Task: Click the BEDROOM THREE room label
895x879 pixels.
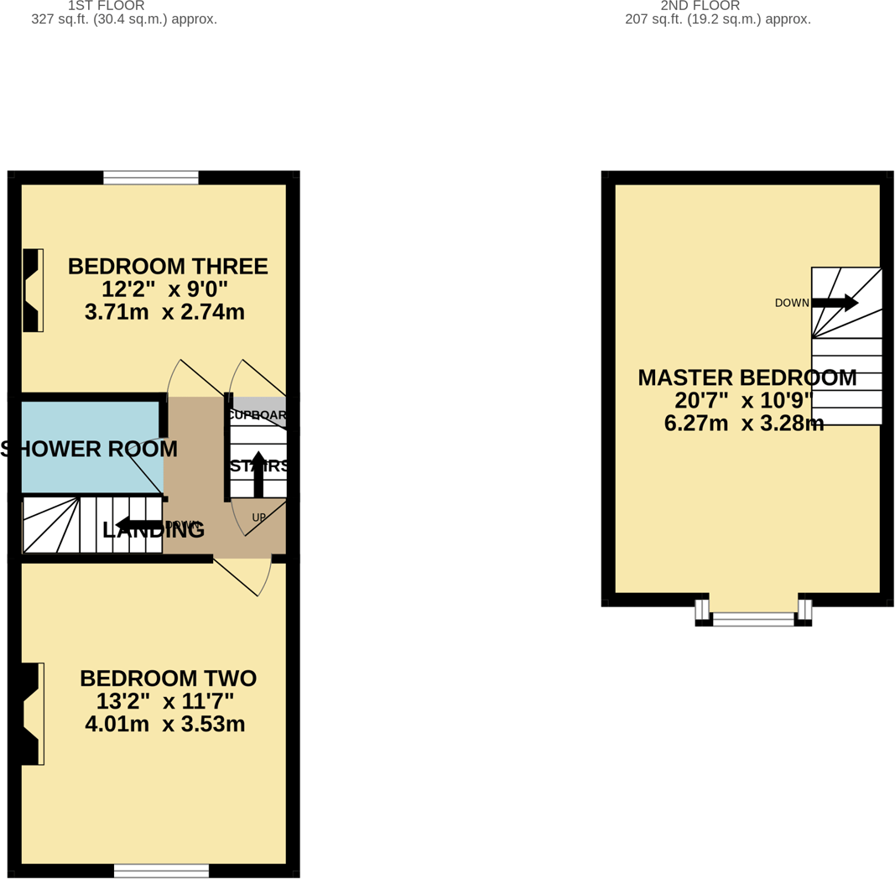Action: coord(168,267)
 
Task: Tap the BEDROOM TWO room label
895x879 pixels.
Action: coord(168,679)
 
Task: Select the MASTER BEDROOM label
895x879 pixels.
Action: coord(747,378)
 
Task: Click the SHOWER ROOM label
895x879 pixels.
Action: coord(89,450)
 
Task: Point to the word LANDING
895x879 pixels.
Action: coord(154,530)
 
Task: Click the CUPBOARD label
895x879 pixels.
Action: coord(258,415)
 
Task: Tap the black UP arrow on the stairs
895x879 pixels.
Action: coord(258,474)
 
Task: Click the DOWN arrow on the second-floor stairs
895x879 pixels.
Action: coord(835,303)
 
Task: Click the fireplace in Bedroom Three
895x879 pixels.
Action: coord(33,290)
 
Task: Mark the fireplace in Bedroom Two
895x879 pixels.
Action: coord(30,714)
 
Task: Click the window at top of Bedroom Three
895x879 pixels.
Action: coord(151,177)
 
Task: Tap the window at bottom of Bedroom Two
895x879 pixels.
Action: coord(161,871)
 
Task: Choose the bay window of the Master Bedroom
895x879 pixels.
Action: coord(753,619)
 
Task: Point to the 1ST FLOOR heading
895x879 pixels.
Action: coord(106,6)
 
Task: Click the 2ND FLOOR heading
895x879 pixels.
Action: coord(700,6)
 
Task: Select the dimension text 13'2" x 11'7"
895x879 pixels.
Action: coord(165,701)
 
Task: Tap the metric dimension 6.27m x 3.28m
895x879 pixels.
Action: coord(743,424)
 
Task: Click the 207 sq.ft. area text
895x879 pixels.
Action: coord(718,19)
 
